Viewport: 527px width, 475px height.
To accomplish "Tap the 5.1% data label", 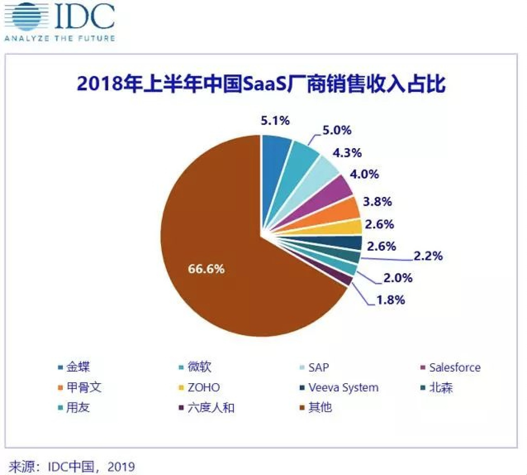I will pyautogui.click(x=275, y=120).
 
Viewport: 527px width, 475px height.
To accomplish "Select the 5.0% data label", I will pyautogui.click(x=337, y=130).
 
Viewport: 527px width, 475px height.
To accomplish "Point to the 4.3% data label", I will pyautogui.click(x=347, y=153).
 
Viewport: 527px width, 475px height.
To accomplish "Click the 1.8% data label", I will pyautogui.click(x=390, y=300).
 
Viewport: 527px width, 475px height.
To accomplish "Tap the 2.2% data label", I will pyautogui.click(x=428, y=256).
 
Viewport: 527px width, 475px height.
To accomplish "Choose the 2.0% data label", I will pyautogui.click(x=398, y=278).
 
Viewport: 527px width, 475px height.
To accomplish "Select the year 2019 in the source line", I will pyautogui.click(x=121, y=467).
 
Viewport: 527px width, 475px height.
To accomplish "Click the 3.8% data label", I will pyautogui.click(x=377, y=202).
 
